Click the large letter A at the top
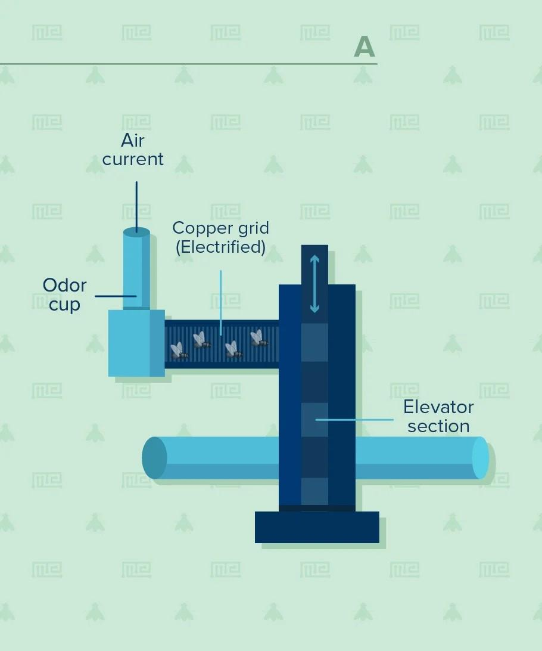pos(364,46)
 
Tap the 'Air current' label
pos(133,150)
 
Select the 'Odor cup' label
pos(64,294)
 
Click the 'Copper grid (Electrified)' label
pos(220,237)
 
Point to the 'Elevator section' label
pos(438,416)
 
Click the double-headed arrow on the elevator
pos(314,284)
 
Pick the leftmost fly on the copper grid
pos(179,351)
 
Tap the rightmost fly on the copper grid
pos(258,339)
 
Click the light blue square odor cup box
pos(129,343)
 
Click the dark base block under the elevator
pos(317,527)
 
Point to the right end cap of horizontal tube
pos(480,458)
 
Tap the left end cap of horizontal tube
pos(154,458)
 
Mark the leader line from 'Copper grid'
pos(220,302)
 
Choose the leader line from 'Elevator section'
pos(354,420)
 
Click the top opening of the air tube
pos(136,231)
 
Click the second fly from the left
pos(201,340)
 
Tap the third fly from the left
pos(233,350)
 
